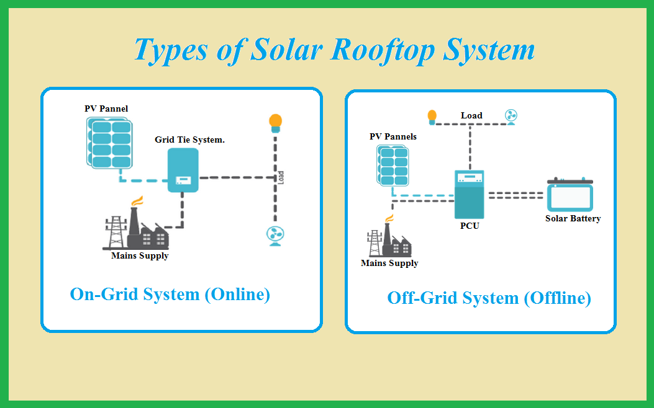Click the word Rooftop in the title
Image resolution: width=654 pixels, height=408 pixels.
click(x=383, y=51)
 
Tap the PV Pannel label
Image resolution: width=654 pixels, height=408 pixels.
click(x=106, y=109)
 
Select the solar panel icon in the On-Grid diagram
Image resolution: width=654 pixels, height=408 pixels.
click(x=110, y=143)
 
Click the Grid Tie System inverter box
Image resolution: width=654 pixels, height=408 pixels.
click(x=183, y=170)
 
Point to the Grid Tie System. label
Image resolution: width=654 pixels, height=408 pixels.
click(x=190, y=140)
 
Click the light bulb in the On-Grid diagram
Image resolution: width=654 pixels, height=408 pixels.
click(x=275, y=123)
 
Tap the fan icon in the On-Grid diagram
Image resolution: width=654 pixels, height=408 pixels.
click(x=275, y=236)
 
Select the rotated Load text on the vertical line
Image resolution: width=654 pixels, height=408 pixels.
click(x=281, y=178)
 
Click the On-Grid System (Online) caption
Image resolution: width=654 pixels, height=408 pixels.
click(x=170, y=295)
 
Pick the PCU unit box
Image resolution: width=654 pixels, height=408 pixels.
click(x=470, y=195)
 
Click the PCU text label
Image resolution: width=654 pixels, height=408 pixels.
click(x=470, y=226)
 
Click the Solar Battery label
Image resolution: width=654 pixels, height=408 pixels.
click(x=573, y=218)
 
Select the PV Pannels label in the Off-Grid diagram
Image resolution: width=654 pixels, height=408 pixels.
click(x=393, y=136)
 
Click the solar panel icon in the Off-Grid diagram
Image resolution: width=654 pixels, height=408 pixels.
click(x=393, y=166)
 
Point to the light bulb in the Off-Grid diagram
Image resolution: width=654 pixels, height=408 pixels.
click(x=432, y=117)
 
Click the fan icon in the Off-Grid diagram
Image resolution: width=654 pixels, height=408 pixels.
click(x=511, y=117)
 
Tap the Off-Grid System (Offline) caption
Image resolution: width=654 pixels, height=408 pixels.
click(x=489, y=298)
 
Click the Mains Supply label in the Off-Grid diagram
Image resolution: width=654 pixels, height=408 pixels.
click(x=389, y=263)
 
